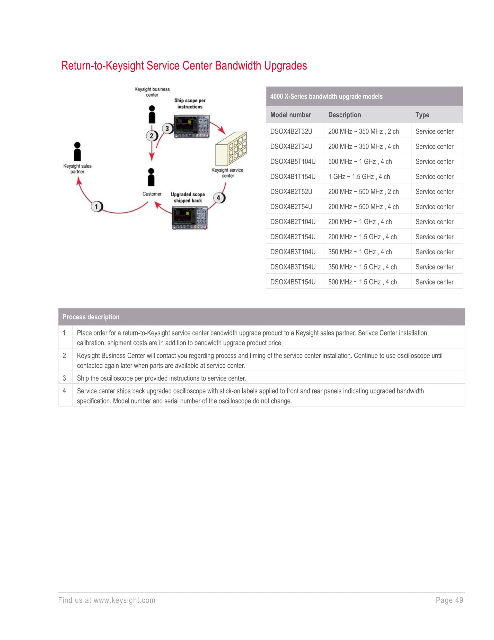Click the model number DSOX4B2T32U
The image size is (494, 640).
pos(291,132)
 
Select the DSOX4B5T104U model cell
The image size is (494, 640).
pos(293,162)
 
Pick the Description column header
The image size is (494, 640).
pos(345,115)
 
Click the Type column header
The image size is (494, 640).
pos(422,115)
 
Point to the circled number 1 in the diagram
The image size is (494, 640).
pos(96,207)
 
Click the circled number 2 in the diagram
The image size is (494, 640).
pos(152,136)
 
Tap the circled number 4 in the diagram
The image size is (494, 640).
pos(218,198)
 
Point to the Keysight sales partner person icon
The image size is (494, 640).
pos(77,151)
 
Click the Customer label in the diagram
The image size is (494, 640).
pos(152,194)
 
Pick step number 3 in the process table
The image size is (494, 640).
pos(64,378)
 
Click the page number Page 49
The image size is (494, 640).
pos(449,600)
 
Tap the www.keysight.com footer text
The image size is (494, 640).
pos(124,600)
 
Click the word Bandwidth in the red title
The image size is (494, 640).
pos(238,66)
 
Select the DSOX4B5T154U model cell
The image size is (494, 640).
pos(293,282)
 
